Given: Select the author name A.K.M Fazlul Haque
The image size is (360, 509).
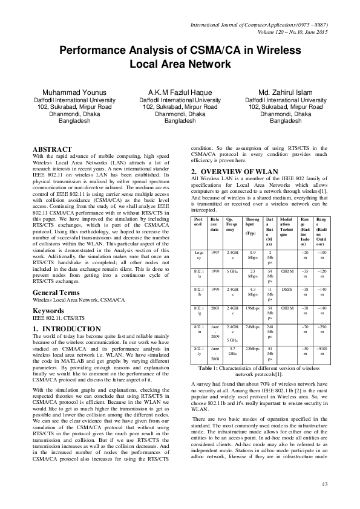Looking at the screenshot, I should [x=180, y=92].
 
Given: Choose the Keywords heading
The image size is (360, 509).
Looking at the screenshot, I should [x=50, y=294].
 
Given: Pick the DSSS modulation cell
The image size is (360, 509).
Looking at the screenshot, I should [x=287, y=273].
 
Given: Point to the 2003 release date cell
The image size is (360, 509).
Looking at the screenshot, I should [x=215, y=293].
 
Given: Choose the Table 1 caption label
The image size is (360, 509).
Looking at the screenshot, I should [x=211, y=368].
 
